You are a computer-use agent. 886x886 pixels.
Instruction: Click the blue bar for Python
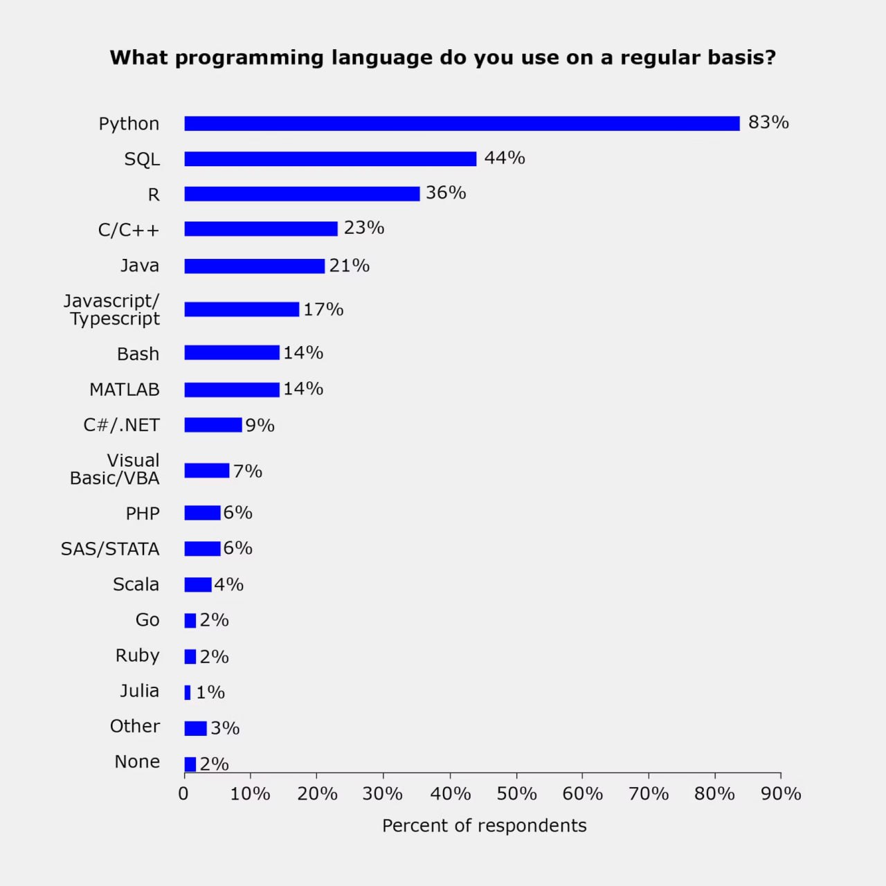click(x=462, y=123)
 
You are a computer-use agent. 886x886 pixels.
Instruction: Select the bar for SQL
click(x=330, y=159)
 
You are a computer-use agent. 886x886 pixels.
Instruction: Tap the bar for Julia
click(x=188, y=692)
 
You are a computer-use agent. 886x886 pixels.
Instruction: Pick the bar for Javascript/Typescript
click(x=242, y=309)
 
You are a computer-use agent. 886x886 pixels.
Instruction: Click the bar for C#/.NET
click(x=213, y=425)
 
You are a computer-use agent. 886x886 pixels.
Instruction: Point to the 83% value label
click(x=768, y=123)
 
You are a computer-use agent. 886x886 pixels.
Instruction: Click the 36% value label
click(x=446, y=193)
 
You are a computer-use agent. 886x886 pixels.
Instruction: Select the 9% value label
click(x=260, y=426)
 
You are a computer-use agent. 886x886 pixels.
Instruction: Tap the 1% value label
click(x=210, y=692)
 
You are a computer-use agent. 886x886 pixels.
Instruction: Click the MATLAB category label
click(x=125, y=390)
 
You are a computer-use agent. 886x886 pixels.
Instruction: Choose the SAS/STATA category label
click(x=110, y=549)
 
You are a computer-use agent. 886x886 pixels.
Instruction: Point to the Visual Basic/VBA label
click(x=115, y=469)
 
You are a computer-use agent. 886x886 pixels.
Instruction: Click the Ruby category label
click(x=137, y=656)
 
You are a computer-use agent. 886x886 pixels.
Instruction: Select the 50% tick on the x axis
click(x=516, y=793)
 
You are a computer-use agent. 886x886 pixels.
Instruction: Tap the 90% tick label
click(x=781, y=793)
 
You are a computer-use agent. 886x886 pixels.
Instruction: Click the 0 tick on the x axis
click(x=183, y=793)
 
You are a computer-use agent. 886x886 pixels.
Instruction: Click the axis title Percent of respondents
click(x=484, y=826)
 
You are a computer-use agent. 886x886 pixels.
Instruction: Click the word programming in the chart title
click(x=249, y=58)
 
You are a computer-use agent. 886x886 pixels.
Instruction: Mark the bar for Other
click(x=195, y=728)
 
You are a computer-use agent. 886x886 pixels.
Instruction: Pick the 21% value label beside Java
click(x=349, y=266)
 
